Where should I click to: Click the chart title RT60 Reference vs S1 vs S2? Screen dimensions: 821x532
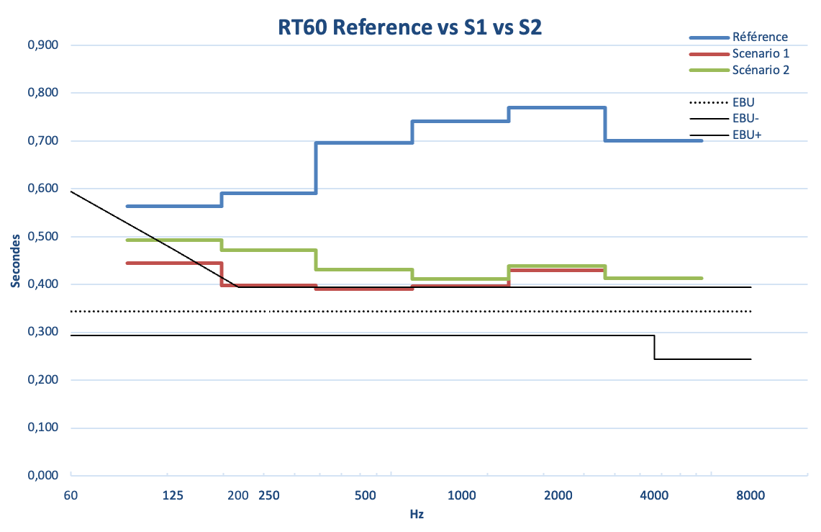[409, 27]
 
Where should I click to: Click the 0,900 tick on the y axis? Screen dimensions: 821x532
[43, 45]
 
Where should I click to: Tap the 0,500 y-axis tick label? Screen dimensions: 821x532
[43, 237]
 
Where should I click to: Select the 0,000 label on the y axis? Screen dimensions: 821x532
[43, 475]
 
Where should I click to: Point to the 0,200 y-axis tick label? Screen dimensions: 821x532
[43, 379]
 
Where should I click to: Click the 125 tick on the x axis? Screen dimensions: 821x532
[173, 495]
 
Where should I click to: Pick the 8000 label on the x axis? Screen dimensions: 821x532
[750, 495]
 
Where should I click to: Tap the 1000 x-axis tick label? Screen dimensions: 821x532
[462, 495]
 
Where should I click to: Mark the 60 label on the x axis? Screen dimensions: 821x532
[71, 495]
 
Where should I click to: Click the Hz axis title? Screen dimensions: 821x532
[417, 514]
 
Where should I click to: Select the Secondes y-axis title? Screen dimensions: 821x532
[16, 261]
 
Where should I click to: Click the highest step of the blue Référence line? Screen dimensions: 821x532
[557, 107]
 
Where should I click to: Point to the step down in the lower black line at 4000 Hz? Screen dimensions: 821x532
[655, 347]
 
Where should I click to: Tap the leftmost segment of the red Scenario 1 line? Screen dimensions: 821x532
[174, 263]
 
